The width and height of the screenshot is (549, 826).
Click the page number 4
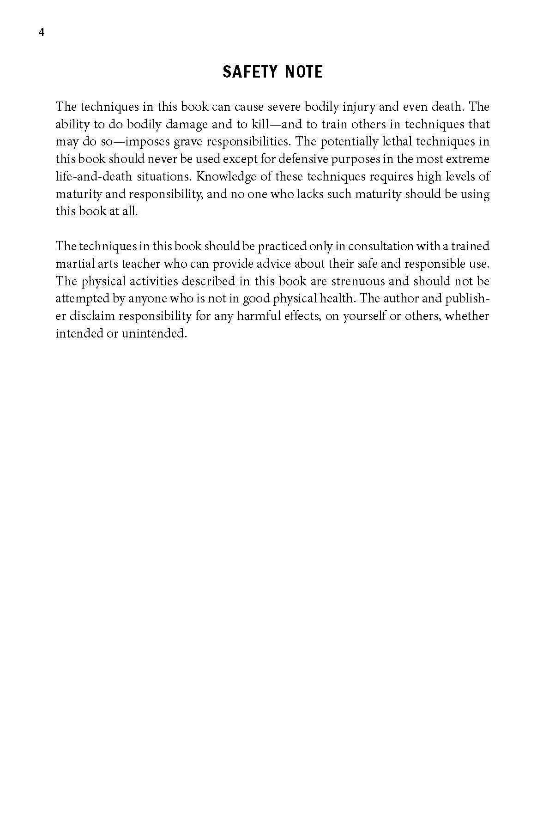point(42,33)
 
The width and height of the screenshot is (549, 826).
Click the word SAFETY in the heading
point(249,72)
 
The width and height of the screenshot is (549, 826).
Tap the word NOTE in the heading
point(304,72)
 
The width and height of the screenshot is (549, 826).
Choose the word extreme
point(470,159)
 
